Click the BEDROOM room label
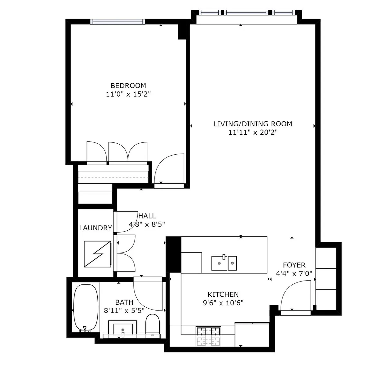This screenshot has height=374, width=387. click(128, 85)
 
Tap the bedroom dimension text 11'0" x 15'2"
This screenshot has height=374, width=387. click(128, 94)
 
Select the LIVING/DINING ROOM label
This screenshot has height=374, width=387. click(253, 124)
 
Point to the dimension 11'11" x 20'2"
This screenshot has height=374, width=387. click(253, 132)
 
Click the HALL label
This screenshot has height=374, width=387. click(147, 216)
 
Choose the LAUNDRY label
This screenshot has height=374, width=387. click(95, 228)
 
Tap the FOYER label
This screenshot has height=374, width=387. click(294, 265)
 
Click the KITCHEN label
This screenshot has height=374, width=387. click(223, 294)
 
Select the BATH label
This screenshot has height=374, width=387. click(124, 302)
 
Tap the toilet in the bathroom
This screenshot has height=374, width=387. click(153, 325)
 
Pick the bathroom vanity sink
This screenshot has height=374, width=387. click(123, 329)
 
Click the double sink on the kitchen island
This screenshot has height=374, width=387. click(224, 263)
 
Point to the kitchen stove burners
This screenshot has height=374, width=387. click(208, 336)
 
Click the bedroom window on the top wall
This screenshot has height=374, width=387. click(117, 22)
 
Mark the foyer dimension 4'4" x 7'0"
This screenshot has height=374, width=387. click(294, 274)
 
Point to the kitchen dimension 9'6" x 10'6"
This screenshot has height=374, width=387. click(223, 303)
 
